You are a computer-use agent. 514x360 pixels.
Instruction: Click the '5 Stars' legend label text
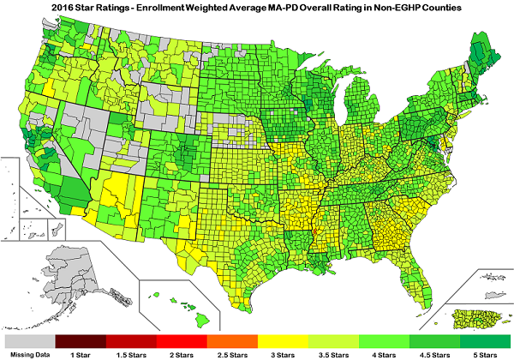coord(484,353)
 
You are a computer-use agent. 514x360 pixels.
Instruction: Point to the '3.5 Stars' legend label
coord(333,353)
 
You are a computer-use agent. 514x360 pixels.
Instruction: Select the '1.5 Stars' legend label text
coord(131,353)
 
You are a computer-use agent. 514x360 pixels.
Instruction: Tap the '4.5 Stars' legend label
coord(434,353)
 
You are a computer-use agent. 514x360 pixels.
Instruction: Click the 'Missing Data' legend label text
coord(29,353)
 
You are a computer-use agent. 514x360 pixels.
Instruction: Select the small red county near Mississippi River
coord(314,232)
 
